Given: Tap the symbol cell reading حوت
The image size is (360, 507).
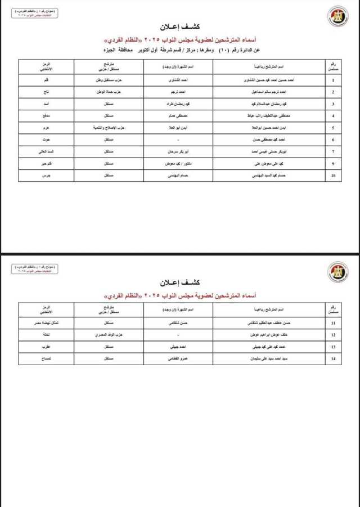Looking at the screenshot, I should pos(38,140).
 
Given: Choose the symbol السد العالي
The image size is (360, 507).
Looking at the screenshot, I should pos(38,152).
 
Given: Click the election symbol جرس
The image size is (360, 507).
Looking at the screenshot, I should pos(38,176).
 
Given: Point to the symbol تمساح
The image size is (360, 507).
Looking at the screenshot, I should pos(38,360).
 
